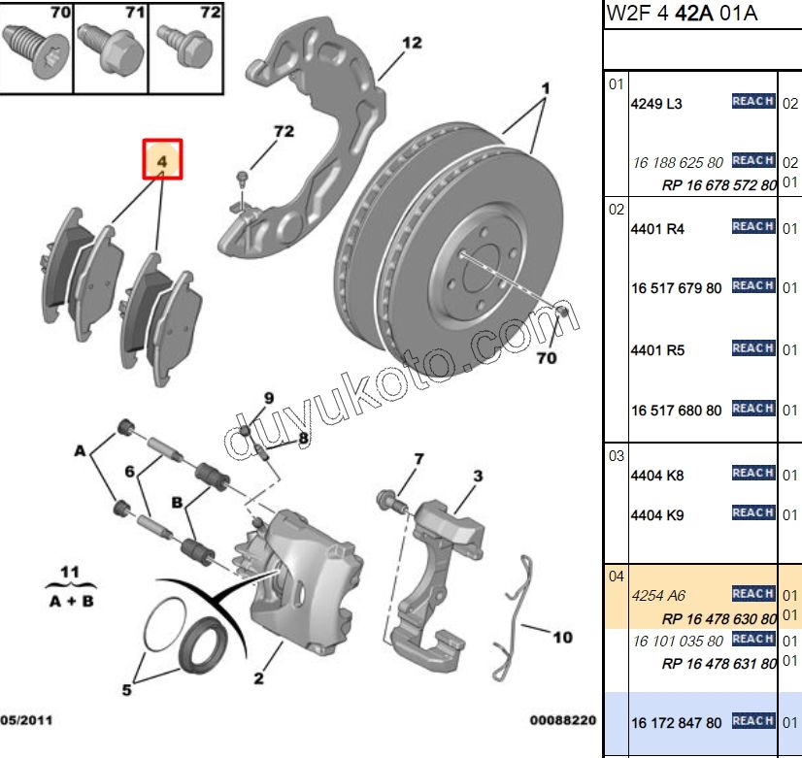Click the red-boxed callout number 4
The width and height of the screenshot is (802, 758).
(163, 159)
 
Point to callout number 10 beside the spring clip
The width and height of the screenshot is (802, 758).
(562, 638)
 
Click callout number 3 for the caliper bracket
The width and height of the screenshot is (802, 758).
(478, 476)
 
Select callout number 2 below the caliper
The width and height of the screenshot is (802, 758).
(259, 678)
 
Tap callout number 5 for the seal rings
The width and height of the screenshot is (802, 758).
(127, 691)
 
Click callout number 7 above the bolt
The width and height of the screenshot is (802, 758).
(418, 459)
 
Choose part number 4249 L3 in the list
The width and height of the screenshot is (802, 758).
(657, 104)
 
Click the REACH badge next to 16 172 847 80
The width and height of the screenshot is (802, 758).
(752, 721)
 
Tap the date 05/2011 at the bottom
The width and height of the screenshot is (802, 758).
(27, 721)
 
